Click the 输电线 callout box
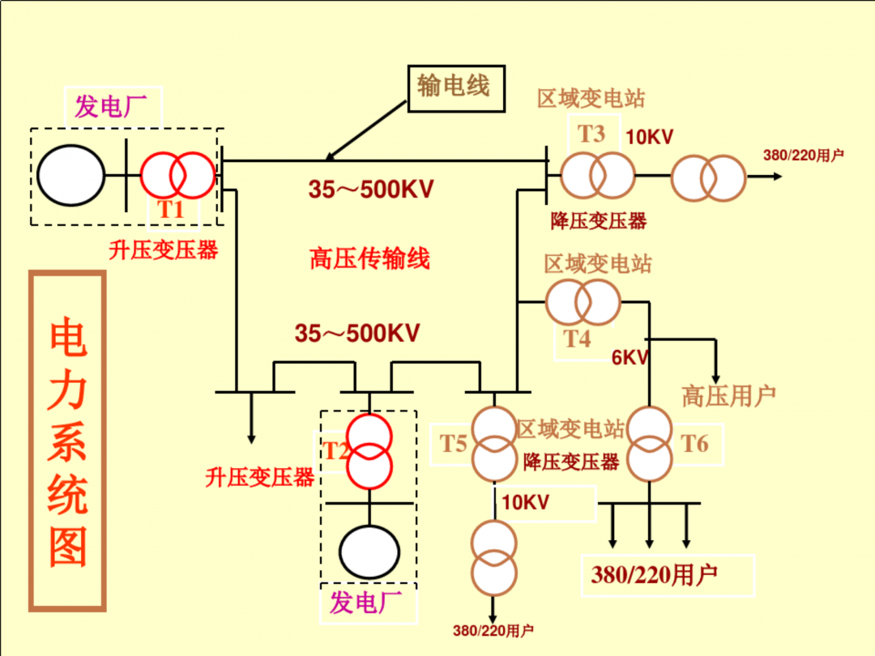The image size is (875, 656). pyautogui.click(x=454, y=86)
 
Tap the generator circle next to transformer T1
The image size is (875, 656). pyautogui.click(x=70, y=175)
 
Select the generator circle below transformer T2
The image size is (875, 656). pyautogui.click(x=369, y=552)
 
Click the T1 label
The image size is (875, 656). pyautogui.click(x=172, y=209)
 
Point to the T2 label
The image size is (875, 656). pyautogui.click(x=336, y=450)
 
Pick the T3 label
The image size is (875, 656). pyautogui.click(x=591, y=133)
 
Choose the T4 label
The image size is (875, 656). pyautogui.click(x=578, y=339)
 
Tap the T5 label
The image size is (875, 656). pyautogui.click(x=454, y=444)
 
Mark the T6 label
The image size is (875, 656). pyautogui.click(x=694, y=443)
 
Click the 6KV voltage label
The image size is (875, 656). pyautogui.click(x=630, y=357)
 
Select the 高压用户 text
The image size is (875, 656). pyautogui.click(x=728, y=395)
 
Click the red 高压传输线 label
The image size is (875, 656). pyautogui.click(x=369, y=259)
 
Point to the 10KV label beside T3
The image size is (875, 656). pyautogui.click(x=649, y=137)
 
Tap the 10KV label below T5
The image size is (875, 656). pyautogui.click(x=525, y=502)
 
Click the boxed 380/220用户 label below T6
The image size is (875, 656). pyautogui.click(x=655, y=575)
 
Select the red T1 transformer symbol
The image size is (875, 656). pyautogui.click(x=178, y=175)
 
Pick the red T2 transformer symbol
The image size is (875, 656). pyautogui.click(x=369, y=450)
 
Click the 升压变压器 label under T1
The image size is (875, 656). pyautogui.click(x=164, y=249)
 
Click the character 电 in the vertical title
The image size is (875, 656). pyautogui.click(x=67, y=339)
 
